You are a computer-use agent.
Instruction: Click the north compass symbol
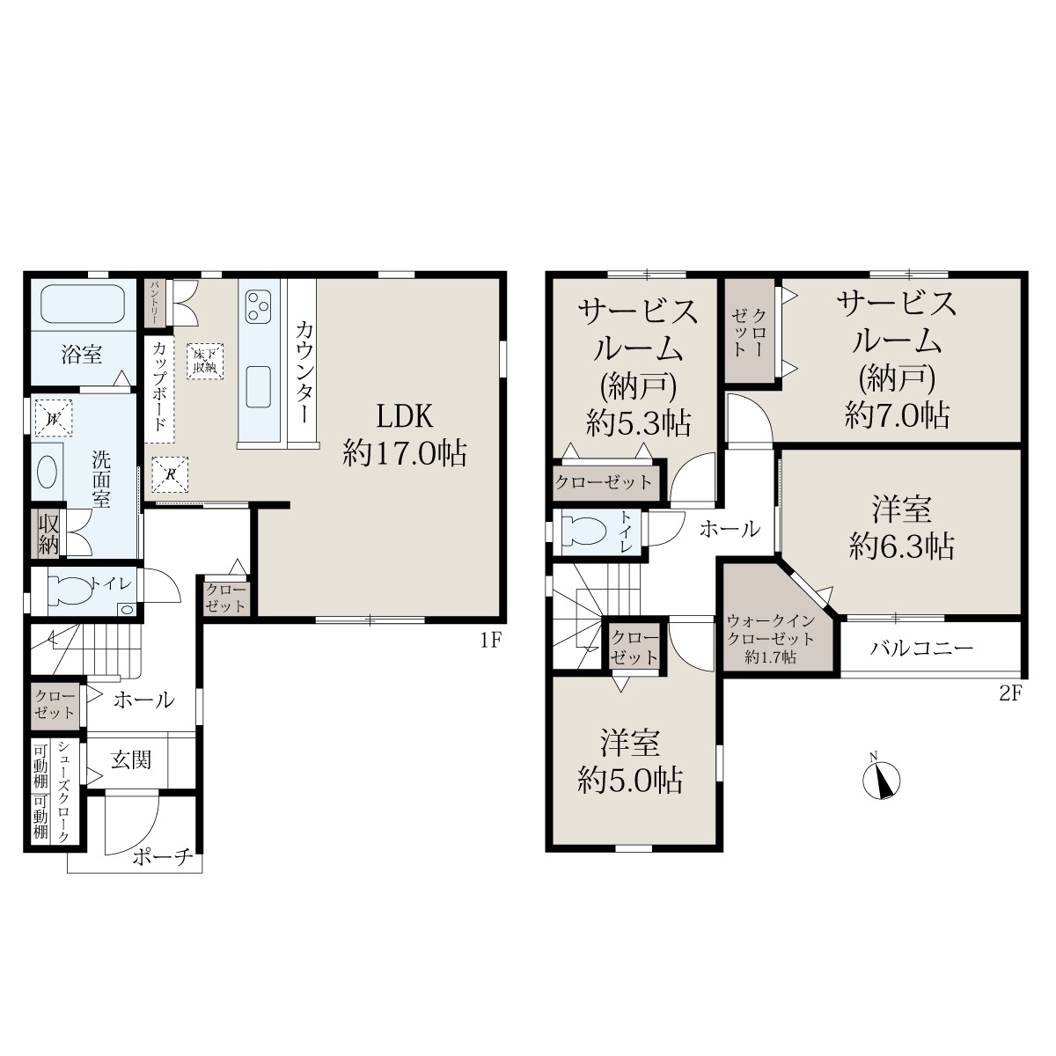881,780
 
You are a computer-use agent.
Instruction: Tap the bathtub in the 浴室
83,304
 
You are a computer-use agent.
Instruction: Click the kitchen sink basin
258,386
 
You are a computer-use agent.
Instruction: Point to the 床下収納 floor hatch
205,361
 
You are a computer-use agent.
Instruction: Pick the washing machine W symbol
54,419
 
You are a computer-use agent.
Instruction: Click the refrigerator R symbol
170,474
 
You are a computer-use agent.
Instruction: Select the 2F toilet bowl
584,532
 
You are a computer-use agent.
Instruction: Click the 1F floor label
491,641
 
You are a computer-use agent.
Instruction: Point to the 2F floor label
1011,693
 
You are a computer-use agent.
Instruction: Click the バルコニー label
921,649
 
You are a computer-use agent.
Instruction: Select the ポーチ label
164,856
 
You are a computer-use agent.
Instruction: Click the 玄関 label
131,760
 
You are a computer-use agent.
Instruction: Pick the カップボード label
159,386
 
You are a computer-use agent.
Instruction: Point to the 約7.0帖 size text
897,414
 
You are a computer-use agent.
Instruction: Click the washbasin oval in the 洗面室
48,472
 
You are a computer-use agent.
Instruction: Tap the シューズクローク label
64,792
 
